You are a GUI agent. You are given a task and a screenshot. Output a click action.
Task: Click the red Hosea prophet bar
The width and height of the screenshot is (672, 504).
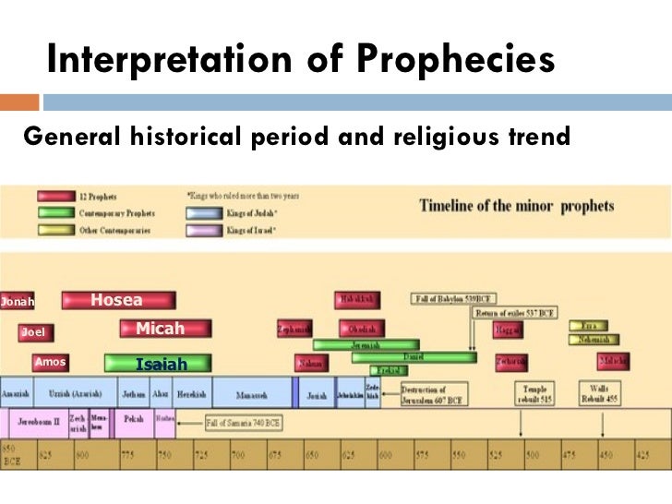coord(118,300)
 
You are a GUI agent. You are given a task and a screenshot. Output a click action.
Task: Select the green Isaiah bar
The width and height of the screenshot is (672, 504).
coord(158,363)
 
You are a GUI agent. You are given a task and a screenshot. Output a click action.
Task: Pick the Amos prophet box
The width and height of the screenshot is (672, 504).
coord(52,363)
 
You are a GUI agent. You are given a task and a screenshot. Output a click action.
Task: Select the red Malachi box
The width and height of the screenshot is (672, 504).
coord(613,361)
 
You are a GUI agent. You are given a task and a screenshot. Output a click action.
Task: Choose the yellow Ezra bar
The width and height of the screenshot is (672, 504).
coord(588,326)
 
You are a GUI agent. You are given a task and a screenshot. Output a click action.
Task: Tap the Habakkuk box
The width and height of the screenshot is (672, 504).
coord(356,300)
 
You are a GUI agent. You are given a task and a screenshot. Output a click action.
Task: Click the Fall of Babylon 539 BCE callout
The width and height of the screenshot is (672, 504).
coord(453,299)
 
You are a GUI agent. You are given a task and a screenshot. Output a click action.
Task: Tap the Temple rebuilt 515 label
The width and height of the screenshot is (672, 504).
coord(536,394)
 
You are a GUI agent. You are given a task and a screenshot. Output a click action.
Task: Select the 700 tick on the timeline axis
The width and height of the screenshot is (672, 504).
coord(237,455)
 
